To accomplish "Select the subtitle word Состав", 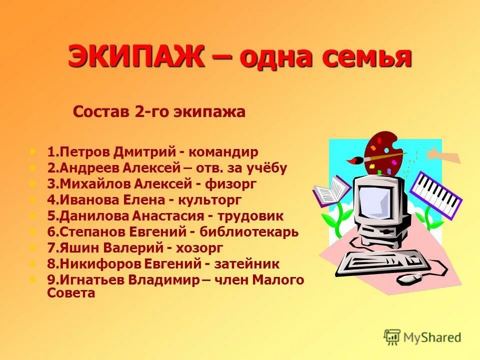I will point(101,111).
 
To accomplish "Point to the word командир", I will point(227,151).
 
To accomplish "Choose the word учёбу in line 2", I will point(268,167).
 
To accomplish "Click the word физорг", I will point(230,184).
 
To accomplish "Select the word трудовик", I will point(250,216).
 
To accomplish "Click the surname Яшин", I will point(79,248).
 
